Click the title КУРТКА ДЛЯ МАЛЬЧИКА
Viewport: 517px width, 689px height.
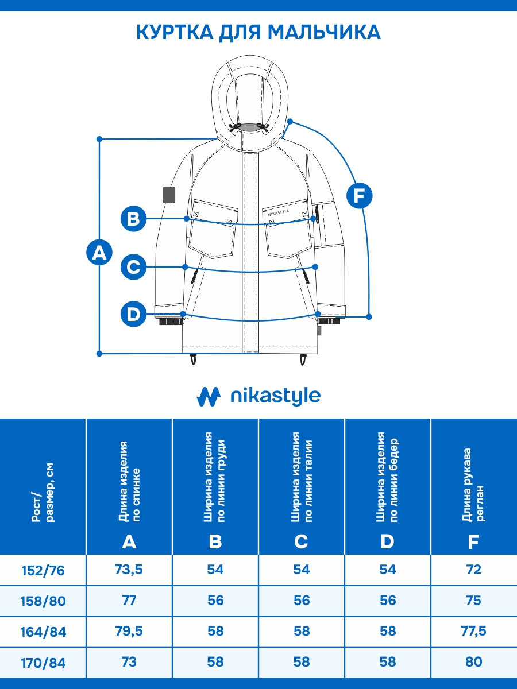coord(258,32)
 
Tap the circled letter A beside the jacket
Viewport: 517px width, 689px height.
coord(99,253)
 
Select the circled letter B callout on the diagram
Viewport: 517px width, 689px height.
coord(133,219)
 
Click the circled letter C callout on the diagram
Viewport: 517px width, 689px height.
coord(133,267)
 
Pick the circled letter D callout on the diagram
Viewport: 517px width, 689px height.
coord(133,314)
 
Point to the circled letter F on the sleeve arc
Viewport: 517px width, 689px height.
coord(360,196)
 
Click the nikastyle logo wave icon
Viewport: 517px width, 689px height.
coord(209,396)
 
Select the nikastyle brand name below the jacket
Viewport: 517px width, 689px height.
coord(275,396)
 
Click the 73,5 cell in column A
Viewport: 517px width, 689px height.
coord(129,570)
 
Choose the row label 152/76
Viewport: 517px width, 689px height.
coord(43,570)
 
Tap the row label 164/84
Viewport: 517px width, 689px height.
coord(43,632)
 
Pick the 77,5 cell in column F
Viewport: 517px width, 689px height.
coord(474,632)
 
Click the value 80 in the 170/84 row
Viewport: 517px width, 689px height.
coord(474,662)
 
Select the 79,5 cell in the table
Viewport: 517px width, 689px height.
coord(129,632)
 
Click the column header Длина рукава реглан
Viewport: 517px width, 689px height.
coord(474,485)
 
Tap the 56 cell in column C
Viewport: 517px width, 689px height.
coord(302,601)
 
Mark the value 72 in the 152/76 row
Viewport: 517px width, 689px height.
coord(474,570)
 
